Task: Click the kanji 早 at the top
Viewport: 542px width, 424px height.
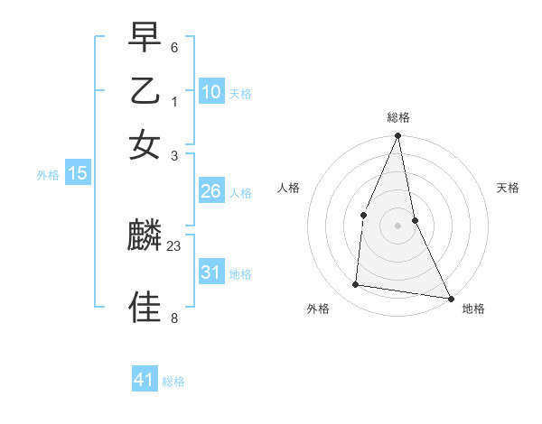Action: [x=145, y=37]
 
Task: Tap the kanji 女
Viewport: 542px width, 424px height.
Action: [x=145, y=143]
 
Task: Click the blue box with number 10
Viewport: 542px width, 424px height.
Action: [x=211, y=91]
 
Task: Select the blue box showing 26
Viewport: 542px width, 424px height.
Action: [x=211, y=191]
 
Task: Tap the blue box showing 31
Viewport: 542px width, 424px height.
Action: [x=211, y=272]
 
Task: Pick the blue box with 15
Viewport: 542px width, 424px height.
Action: [x=78, y=173]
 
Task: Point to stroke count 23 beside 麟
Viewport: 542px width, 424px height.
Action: [x=174, y=246]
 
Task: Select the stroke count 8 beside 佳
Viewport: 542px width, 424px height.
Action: [x=174, y=318]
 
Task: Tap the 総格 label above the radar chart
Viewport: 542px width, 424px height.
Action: [x=398, y=117]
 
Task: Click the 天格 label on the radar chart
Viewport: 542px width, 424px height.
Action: [x=508, y=188]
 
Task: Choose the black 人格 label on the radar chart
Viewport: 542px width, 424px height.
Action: [x=288, y=188]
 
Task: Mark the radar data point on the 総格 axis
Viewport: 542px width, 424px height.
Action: [x=398, y=136]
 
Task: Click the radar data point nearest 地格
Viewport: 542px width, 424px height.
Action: [x=450, y=298]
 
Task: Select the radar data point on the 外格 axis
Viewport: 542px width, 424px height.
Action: [x=356, y=285]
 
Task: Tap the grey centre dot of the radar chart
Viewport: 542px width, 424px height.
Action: [x=398, y=226]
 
